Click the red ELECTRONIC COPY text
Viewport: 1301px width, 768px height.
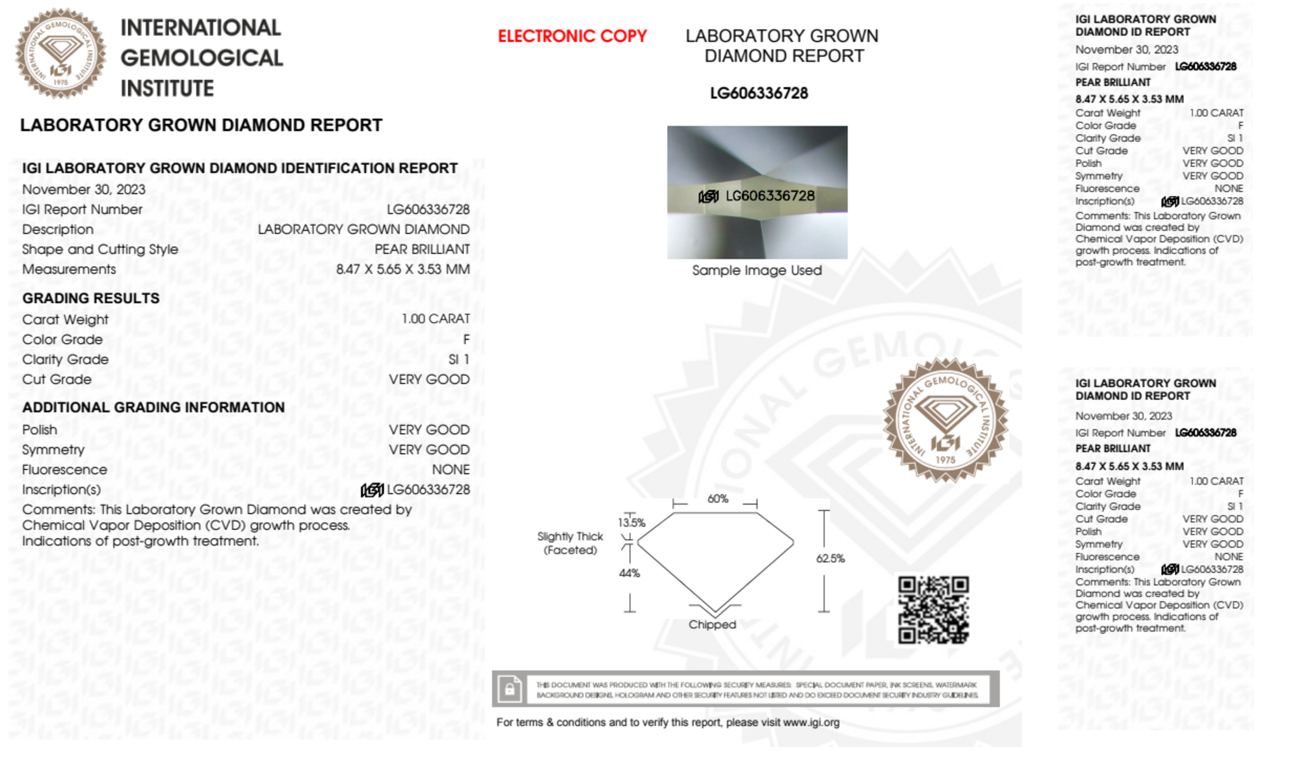[572, 36]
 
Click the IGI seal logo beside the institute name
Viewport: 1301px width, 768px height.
[60, 53]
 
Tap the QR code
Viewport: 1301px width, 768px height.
[933, 610]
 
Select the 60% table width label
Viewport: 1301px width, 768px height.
[717, 499]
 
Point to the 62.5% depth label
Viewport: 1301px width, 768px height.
[830, 559]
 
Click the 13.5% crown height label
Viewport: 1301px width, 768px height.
[631, 523]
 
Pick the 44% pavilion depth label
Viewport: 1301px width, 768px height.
[629, 573]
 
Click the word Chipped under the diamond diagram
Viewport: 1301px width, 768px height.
[712, 624]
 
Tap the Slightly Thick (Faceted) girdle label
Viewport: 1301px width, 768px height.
[570, 543]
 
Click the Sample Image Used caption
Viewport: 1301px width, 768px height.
[757, 271]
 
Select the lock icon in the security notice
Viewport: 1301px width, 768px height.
[510, 689]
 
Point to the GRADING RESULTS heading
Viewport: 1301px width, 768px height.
[91, 298]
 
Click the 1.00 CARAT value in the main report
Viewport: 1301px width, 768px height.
[435, 319]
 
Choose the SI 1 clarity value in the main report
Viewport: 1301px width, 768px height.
[458, 360]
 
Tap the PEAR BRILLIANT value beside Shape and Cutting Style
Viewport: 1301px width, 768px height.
[422, 250]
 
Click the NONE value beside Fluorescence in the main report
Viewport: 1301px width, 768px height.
[451, 470]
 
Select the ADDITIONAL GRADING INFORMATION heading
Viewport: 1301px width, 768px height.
[153, 408]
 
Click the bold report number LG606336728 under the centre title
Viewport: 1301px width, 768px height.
[759, 94]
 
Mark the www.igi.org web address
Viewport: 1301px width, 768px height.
[811, 722]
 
